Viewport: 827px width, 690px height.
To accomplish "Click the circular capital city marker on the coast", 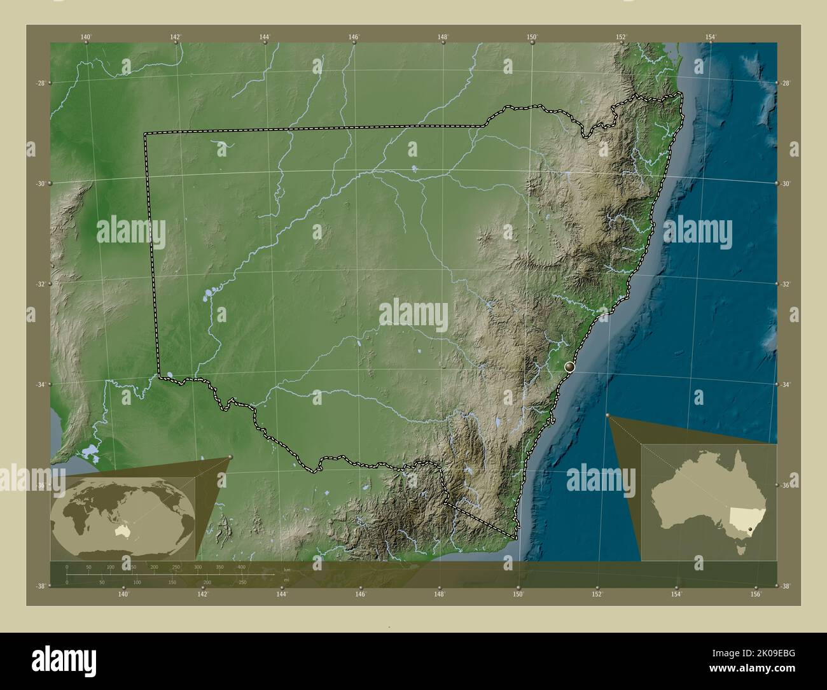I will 569,367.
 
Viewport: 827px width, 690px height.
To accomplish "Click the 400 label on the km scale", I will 242,567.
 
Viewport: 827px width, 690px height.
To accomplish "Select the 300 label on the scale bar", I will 198,567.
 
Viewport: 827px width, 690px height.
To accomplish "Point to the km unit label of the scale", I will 287,570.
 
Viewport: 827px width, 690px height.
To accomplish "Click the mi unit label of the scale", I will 287,580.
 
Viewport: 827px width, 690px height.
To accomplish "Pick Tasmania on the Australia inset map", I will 740,549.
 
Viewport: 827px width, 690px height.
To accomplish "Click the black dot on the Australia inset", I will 751,528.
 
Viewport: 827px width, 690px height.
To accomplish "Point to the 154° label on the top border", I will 711,37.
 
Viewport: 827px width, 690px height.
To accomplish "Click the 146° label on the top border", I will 354,37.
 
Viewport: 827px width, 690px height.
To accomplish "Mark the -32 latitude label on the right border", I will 786,284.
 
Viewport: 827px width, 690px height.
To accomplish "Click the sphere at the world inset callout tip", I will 230,457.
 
